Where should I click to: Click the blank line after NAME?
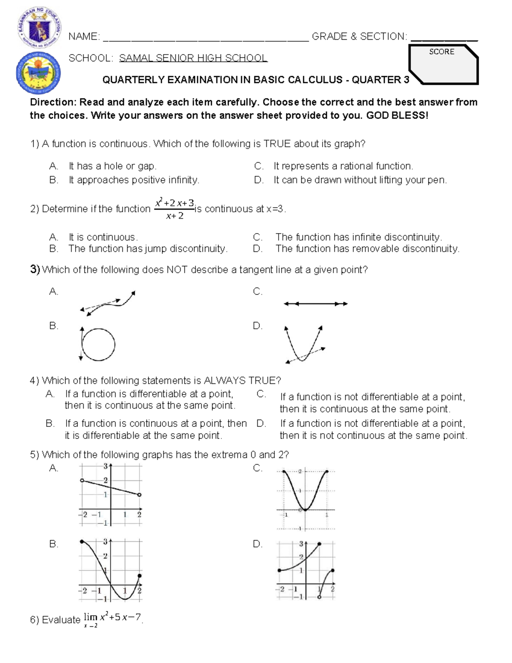206,38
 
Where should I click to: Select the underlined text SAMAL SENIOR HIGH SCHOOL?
193,58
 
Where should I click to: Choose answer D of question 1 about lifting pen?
360,180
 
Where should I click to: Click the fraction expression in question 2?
175,208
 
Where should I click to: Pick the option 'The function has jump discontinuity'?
148,248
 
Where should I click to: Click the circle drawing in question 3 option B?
98,345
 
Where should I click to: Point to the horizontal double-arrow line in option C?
316,304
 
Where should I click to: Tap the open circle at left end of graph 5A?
82,481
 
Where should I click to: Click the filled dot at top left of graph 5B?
81,541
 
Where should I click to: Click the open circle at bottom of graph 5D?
319,597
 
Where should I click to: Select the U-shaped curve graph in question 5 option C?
305,499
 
